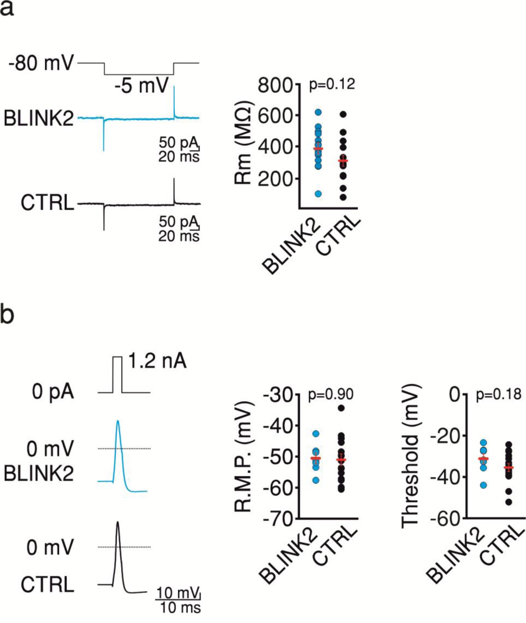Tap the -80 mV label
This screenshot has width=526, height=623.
[x=41, y=64]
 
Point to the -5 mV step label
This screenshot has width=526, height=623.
[x=141, y=85]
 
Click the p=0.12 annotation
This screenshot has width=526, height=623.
[x=332, y=84]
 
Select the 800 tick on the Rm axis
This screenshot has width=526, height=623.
[x=275, y=85]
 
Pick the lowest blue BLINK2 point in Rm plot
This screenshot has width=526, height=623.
[x=318, y=194]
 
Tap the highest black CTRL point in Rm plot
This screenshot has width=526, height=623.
[x=343, y=114]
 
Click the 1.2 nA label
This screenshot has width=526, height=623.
[x=157, y=361]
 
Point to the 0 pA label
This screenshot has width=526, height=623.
[x=53, y=392]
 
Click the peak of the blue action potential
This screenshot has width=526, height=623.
[x=118, y=421]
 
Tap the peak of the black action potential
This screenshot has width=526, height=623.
[x=118, y=522]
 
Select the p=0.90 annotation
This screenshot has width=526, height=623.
[x=331, y=394]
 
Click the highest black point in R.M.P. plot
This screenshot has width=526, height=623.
[x=342, y=408]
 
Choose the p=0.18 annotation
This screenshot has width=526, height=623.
[x=499, y=394]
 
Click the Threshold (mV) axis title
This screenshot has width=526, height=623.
[x=410, y=456]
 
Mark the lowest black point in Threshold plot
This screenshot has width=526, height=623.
[x=509, y=502]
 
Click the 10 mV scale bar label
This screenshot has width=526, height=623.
[x=178, y=593]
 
